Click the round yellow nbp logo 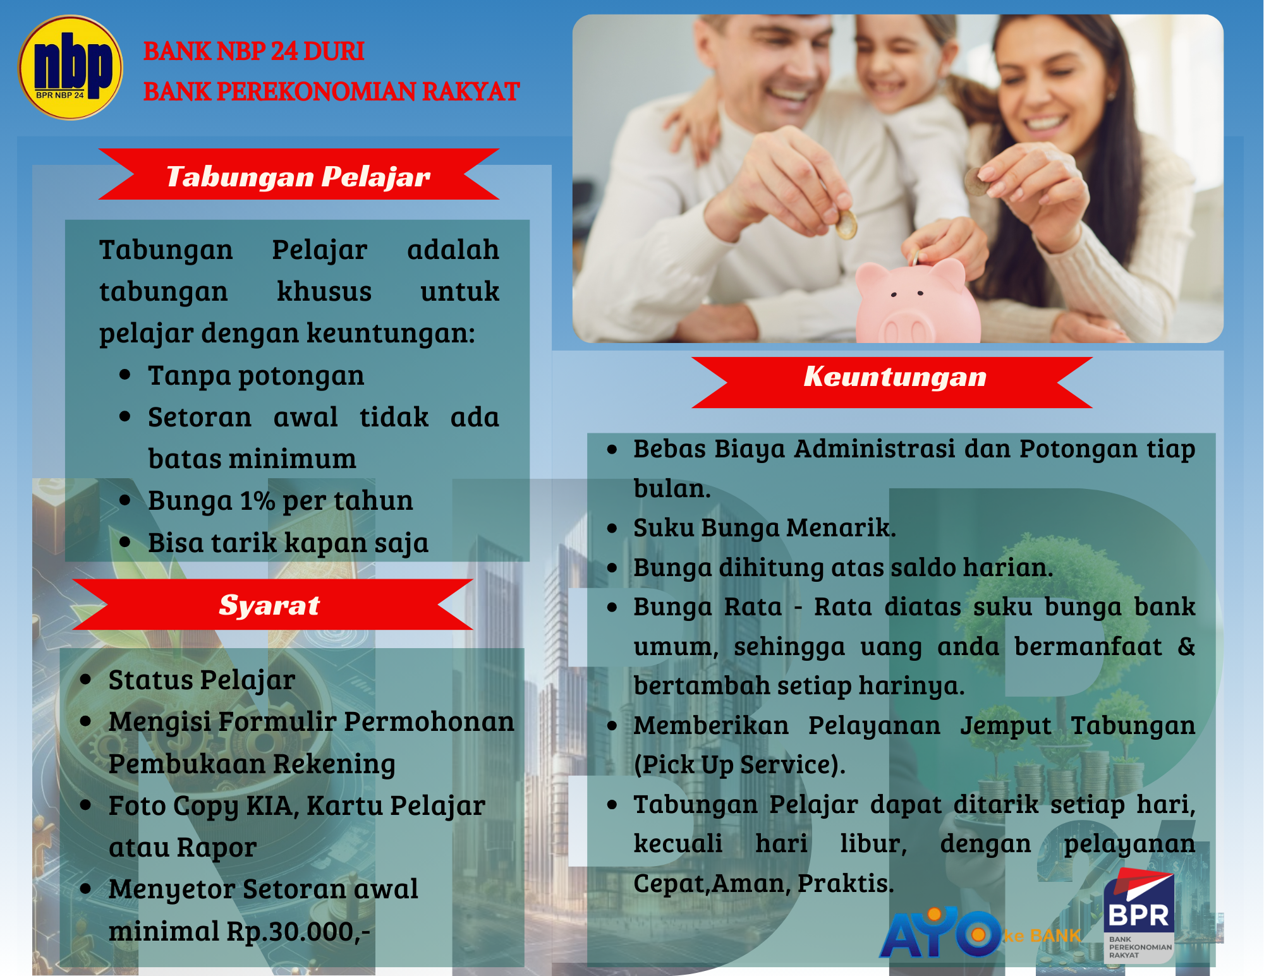point(70,68)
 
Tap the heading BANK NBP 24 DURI point(253,51)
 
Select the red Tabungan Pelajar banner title point(298,176)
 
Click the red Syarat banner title point(269,605)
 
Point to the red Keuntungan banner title point(895,377)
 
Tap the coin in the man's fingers point(846,224)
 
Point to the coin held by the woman point(977,182)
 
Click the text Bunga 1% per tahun point(280,500)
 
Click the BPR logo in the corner point(1139,917)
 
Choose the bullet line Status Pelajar point(202,680)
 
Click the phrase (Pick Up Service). point(739,764)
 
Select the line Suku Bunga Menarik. point(765,527)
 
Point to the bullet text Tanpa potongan point(256,375)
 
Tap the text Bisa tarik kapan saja point(288,542)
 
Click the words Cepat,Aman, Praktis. point(763,883)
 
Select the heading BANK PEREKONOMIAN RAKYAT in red point(331,92)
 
